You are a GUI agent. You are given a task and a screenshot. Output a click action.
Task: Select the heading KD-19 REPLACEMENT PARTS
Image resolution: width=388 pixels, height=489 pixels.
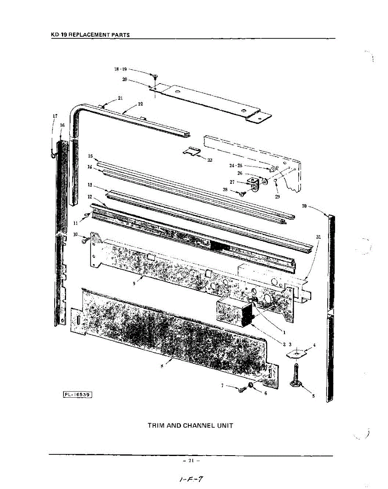coord(90,35)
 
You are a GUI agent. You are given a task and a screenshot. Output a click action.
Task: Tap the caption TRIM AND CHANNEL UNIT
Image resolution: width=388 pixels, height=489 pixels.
coord(190,425)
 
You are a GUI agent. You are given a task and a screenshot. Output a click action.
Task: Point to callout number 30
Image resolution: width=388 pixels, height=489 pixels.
coord(304,206)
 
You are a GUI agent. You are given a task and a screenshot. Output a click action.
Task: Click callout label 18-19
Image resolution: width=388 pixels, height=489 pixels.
coord(121,69)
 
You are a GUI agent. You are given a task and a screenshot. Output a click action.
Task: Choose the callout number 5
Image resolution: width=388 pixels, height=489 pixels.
coord(313,396)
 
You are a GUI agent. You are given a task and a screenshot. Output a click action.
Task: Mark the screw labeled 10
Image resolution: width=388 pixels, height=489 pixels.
coord(84,239)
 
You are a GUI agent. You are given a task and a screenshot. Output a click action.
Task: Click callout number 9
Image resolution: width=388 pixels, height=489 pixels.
coord(134,283)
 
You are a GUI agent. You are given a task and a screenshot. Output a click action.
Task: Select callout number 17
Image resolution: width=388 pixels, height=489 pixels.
coord(55,116)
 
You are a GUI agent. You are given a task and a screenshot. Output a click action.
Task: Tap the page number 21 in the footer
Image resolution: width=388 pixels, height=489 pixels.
coord(191,460)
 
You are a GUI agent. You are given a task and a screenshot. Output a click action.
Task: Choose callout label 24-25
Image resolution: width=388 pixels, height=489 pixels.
coord(236,166)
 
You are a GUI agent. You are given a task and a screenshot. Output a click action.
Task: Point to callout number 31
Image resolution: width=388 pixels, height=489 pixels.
coord(318,237)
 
